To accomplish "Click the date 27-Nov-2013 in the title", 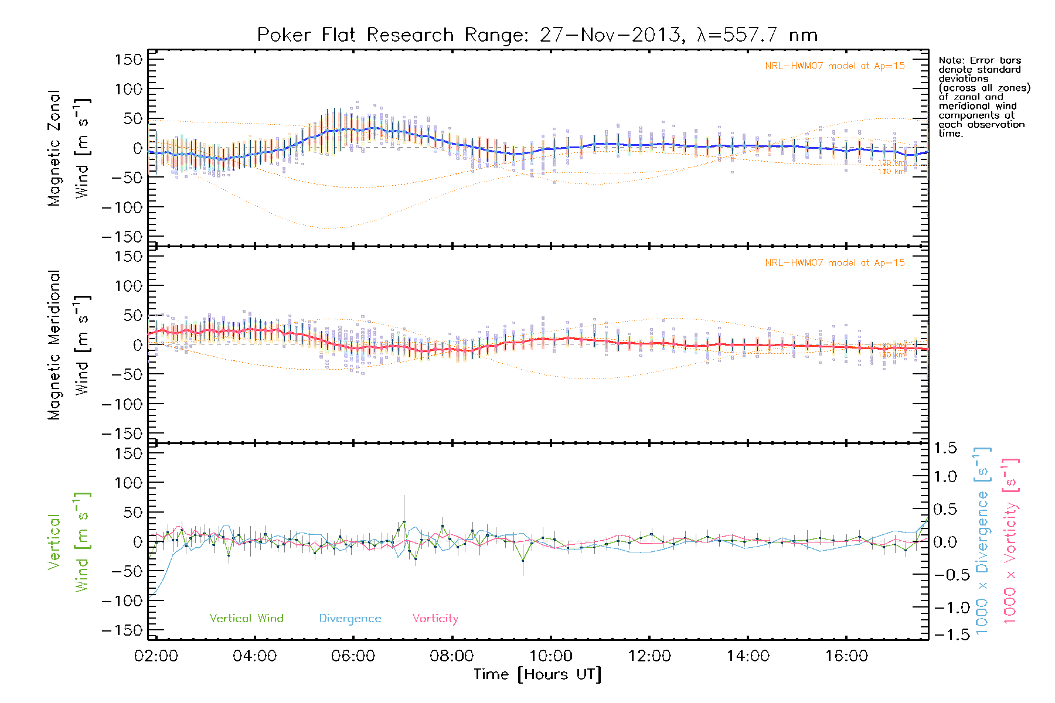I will click(610, 35).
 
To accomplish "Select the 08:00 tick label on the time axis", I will click(451, 656).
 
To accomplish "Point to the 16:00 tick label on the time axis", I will click(846, 656).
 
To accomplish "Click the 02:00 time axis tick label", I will click(156, 656).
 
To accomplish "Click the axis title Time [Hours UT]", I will click(537, 674).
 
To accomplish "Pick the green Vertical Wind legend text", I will click(246, 619).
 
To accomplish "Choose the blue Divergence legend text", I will click(350, 619).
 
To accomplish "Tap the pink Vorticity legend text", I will click(435, 619).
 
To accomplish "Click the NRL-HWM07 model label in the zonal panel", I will click(835, 66).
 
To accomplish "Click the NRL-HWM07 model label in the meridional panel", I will click(835, 263).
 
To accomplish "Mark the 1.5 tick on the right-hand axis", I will click(945, 448).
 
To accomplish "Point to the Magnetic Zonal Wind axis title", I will click(69, 148).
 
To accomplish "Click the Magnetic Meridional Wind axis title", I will click(69, 345).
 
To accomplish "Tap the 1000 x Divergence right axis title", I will click(982, 542).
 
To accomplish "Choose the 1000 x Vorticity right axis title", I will click(1010, 542).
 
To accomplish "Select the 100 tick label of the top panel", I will click(128, 89).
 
